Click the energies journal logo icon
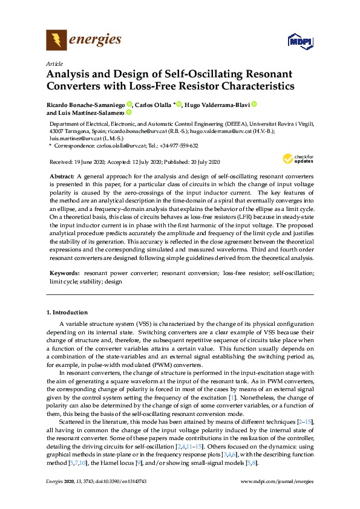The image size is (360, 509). click(x=56, y=41)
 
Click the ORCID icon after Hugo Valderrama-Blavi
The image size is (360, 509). click(x=254, y=104)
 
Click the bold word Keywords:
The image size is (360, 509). click(x=64, y=273)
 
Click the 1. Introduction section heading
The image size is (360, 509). click(x=67, y=313)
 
